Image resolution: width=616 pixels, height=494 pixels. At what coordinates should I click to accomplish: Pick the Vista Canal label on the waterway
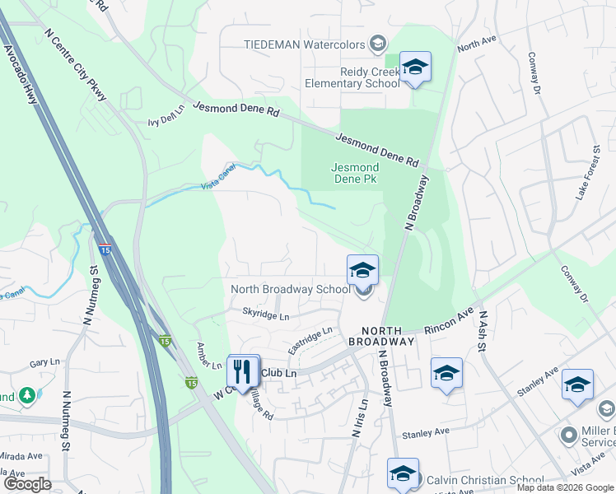coord(217,186)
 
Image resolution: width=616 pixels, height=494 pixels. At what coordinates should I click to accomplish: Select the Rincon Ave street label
coord(450,322)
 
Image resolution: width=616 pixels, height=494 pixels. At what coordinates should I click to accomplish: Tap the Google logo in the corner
coord(27,483)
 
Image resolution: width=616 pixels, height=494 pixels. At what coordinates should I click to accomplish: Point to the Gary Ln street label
coord(40,363)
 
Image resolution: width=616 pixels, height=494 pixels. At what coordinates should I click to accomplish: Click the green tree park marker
coord(27,396)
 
